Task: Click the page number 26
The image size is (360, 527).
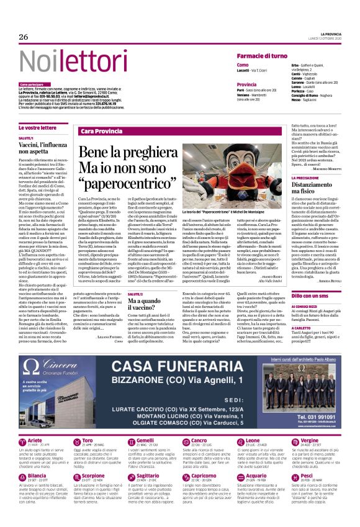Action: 24,37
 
